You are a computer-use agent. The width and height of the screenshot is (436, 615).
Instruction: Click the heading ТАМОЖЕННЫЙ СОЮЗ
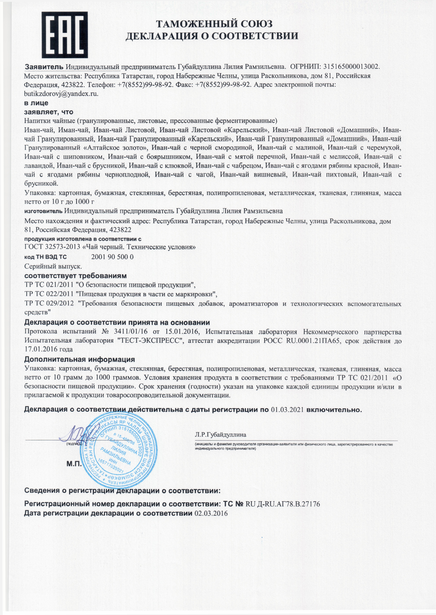click(x=214, y=24)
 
